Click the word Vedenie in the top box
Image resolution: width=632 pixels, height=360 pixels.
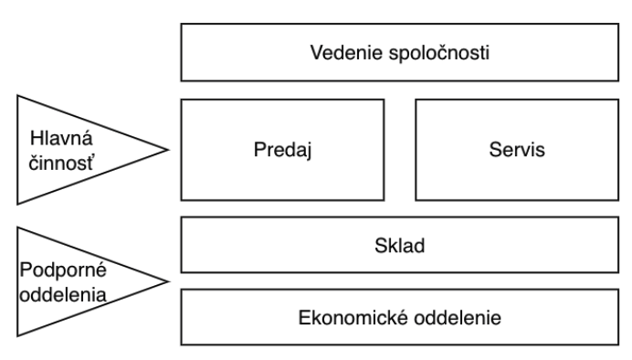pos(346,53)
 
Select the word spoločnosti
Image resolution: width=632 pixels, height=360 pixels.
pos(439,54)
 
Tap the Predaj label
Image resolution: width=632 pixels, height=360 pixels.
pos(283,151)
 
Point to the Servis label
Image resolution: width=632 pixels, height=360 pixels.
pos(517,150)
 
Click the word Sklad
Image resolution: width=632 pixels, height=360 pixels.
pos(399,246)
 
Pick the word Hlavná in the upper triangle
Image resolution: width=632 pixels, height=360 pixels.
pos(61,138)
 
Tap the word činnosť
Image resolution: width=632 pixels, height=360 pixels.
pos(61,164)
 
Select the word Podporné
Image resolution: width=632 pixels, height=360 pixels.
pos(63,270)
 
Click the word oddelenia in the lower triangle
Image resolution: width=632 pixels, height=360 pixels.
pos(63,295)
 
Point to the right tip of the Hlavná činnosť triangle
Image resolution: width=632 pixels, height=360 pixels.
pos(168,150)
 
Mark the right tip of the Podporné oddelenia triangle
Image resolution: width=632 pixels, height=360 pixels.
pos(168,281)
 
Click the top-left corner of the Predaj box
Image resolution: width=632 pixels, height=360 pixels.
pos(182,100)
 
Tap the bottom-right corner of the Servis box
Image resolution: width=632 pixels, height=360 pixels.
pos(618,200)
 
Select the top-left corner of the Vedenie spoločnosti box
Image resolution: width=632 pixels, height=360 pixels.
pos(182,24)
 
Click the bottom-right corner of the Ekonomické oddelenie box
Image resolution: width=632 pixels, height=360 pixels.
pos(618,344)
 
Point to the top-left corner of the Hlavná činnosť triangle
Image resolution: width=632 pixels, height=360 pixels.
pos(17,96)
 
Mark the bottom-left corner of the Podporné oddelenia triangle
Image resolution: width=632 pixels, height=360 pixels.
pos(17,335)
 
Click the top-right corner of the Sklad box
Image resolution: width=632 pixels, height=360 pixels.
pos(618,217)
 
